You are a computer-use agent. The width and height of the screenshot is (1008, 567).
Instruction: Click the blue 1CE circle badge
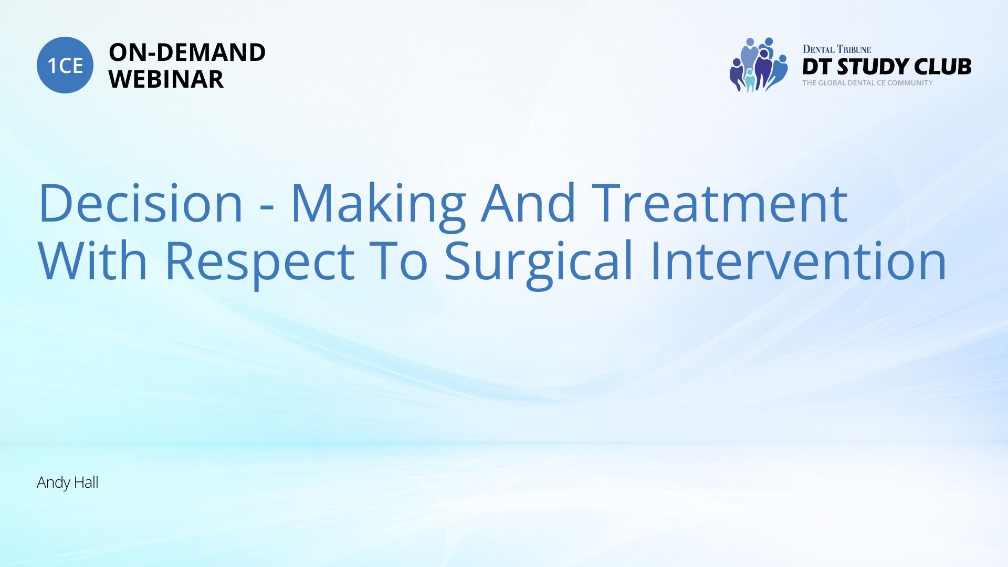[65, 65]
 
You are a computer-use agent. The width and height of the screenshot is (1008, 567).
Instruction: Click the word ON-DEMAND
[187, 52]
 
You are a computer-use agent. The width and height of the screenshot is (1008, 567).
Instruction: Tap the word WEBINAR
[166, 79]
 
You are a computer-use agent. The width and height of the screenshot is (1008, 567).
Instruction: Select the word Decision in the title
[141, 203]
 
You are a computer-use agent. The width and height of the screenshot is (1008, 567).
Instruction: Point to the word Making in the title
[378, 206]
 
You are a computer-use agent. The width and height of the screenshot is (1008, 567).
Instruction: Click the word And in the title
[529, 203]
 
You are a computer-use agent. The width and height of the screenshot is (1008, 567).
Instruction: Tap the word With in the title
[93, 260]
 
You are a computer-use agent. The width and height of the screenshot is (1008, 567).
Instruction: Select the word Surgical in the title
[539, 264]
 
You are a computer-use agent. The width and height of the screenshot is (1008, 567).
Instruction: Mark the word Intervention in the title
[798, 260]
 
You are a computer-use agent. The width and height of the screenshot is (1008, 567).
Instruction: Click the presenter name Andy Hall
[68, 482]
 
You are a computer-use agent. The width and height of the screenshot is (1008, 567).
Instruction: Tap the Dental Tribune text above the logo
[836, 49]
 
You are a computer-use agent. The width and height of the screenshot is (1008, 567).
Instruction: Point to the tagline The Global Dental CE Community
[867, 83]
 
